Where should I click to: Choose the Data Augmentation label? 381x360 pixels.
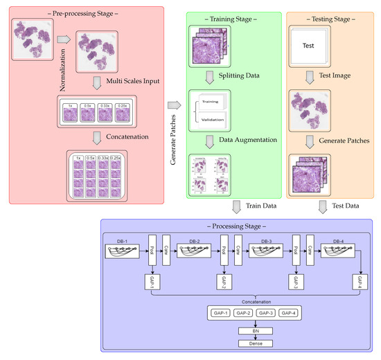point(239,139)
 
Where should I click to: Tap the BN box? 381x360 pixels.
point(238,332)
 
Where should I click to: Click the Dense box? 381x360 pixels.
point(238,343)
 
